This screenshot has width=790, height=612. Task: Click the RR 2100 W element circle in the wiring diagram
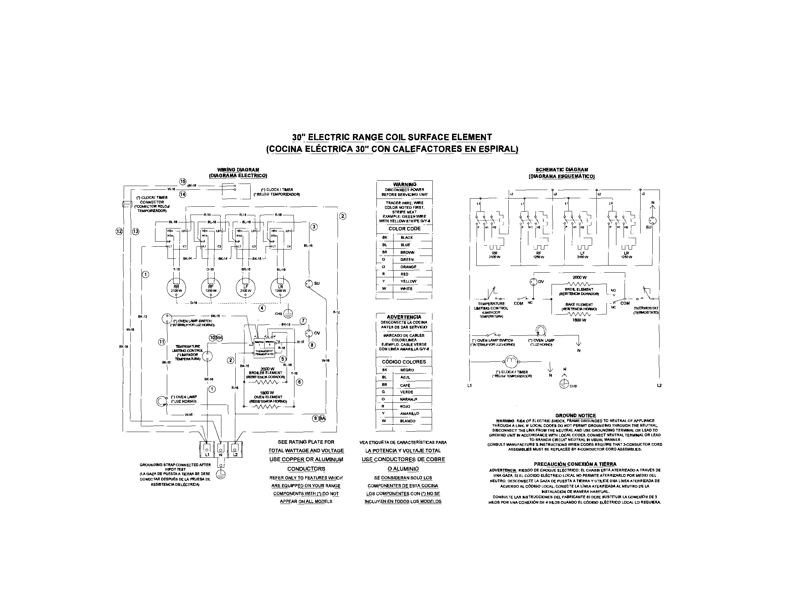coord(176,288)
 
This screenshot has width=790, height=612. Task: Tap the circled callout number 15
coord(183,181)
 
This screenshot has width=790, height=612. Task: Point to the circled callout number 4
coord(262,308)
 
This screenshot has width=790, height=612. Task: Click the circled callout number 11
coord(162,341)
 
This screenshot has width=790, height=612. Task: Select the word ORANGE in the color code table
coord(408,267)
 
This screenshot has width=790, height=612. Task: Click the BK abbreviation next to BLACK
coord(385,238)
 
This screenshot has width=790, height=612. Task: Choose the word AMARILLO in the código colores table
coord(410,413)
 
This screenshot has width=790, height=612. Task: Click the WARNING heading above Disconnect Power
coord(404,185)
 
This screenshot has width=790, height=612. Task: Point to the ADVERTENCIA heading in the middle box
coord(404,317)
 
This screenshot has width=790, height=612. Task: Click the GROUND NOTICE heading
coord(575,416)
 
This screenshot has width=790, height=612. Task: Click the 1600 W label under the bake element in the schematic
coord(579,320)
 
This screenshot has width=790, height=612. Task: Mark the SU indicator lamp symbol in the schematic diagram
coord(653,221)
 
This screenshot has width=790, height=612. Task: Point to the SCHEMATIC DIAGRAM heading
coord(562,170)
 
